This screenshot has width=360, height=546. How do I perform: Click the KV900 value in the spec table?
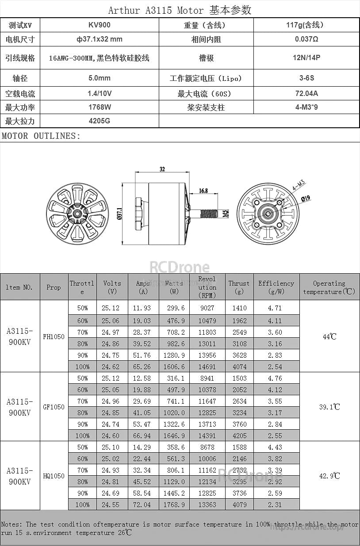99,25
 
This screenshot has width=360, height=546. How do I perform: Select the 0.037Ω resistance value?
306,39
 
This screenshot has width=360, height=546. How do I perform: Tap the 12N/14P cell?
306,57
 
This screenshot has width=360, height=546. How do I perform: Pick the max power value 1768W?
99,107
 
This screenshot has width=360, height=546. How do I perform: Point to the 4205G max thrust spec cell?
99,121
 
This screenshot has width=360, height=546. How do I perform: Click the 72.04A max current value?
306,93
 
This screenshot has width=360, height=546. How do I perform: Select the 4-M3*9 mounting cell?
306,107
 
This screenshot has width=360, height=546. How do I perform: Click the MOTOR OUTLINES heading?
41,136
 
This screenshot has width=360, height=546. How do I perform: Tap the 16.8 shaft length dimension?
203,191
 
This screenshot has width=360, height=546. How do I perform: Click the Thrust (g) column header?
239,287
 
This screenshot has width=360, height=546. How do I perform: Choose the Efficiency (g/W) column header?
276,287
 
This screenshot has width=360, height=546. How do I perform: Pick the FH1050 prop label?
54,336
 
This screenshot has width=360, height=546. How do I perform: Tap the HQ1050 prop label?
54,476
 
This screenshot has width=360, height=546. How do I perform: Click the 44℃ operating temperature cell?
329,336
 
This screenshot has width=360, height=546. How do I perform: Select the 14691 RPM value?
207,367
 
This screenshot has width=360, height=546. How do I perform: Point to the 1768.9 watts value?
174,504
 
